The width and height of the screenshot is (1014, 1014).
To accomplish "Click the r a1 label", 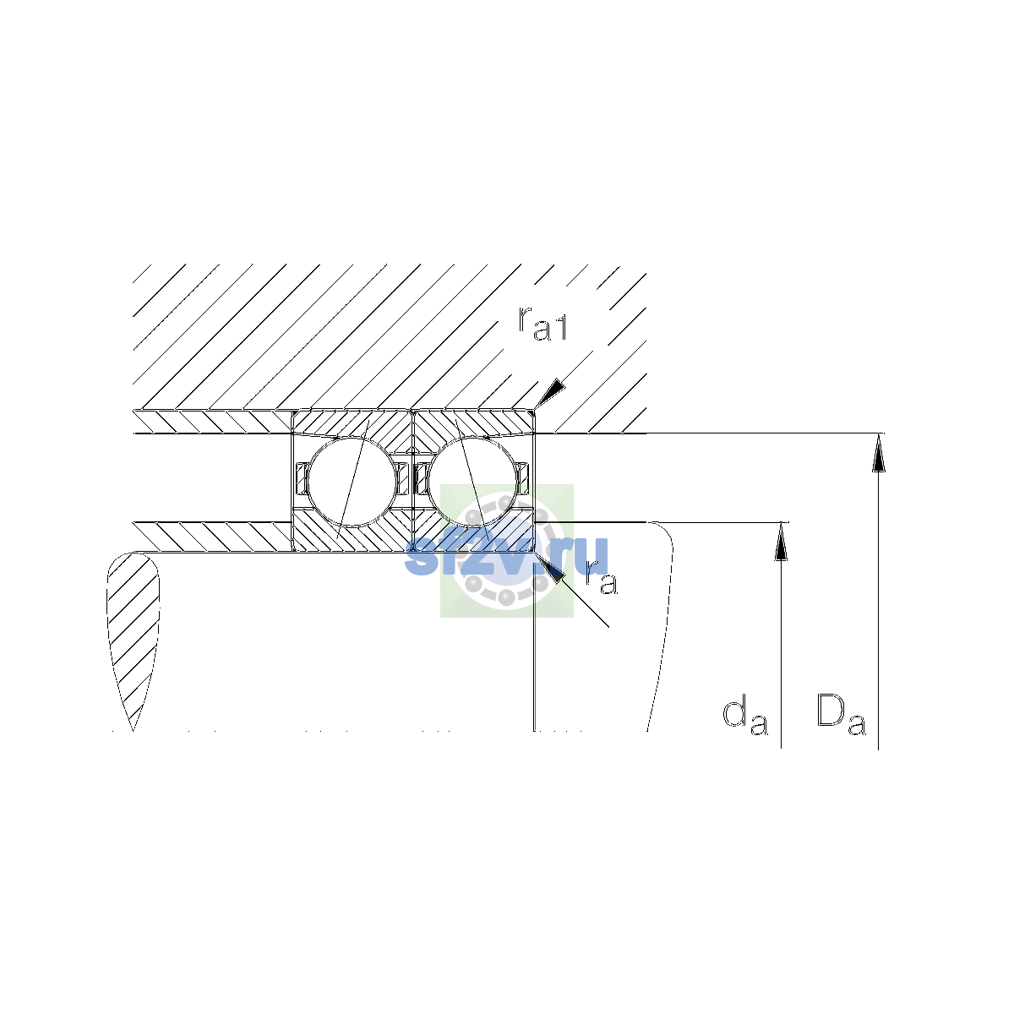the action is pyautogui.click(x=542, y=323).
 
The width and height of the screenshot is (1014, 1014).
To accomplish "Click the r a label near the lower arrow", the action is pyautogui.click(x=601, y=579).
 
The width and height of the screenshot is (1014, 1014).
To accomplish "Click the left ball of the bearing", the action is pyautogui.click(x=352, y=482).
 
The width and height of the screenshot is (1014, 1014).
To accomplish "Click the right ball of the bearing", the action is pyautogui.click(x=472, y=482).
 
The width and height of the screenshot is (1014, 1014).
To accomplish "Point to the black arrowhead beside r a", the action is pyautogui.click(x=550, y=567).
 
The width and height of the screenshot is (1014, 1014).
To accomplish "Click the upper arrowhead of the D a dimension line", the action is pyautogui.click(x=878, y=453).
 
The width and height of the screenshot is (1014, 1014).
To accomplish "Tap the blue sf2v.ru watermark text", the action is pyautogui.click(x=506, y=556).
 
